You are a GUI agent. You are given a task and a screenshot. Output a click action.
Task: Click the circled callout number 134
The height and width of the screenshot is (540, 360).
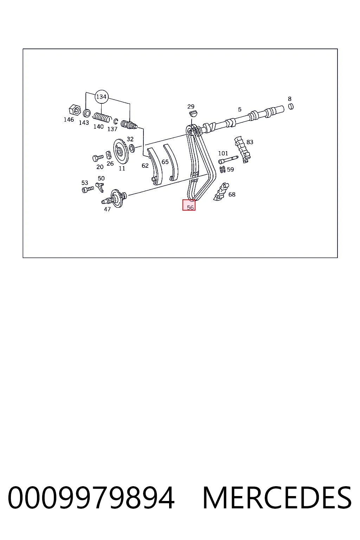(x=101, y=97)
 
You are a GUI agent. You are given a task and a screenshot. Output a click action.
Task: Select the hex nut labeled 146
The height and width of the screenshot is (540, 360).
(x=75, y=110)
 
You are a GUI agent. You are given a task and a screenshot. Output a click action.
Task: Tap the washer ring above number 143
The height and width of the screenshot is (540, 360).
(x=87, y=113)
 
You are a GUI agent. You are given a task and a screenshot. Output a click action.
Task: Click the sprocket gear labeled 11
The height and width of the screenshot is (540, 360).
(x=121, y=152)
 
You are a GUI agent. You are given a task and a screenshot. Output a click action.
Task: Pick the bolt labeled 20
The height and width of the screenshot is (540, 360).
(x=98, y=158)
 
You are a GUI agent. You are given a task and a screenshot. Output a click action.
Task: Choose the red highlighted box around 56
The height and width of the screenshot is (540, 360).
(x=189, y=205)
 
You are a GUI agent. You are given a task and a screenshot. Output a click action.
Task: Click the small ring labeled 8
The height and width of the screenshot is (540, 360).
(x=291, y=106)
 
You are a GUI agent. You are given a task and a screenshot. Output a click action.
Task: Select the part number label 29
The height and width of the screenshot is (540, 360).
(x=191, y=106)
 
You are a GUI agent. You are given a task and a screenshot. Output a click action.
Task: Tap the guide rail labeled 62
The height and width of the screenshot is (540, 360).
(x=155, y=166)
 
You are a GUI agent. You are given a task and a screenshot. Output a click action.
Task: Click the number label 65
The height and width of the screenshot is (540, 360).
(x=165, y=162)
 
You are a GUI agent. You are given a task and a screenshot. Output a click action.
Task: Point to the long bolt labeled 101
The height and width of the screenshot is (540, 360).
(x=228, y=159)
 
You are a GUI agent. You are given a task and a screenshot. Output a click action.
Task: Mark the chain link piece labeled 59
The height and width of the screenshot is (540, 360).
(x=223, y=169)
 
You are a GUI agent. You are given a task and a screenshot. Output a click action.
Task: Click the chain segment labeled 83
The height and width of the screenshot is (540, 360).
(x=242, y=149)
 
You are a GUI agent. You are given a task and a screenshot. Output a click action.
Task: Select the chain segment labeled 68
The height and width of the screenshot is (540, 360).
(x=221, y=192)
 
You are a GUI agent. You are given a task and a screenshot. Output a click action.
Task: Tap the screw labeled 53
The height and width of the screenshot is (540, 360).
(x=88, y=189)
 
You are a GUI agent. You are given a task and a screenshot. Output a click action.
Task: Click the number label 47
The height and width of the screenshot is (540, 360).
(x=107, y=209)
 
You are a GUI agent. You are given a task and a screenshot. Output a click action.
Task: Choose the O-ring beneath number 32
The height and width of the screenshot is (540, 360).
(x=132, y=148)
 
